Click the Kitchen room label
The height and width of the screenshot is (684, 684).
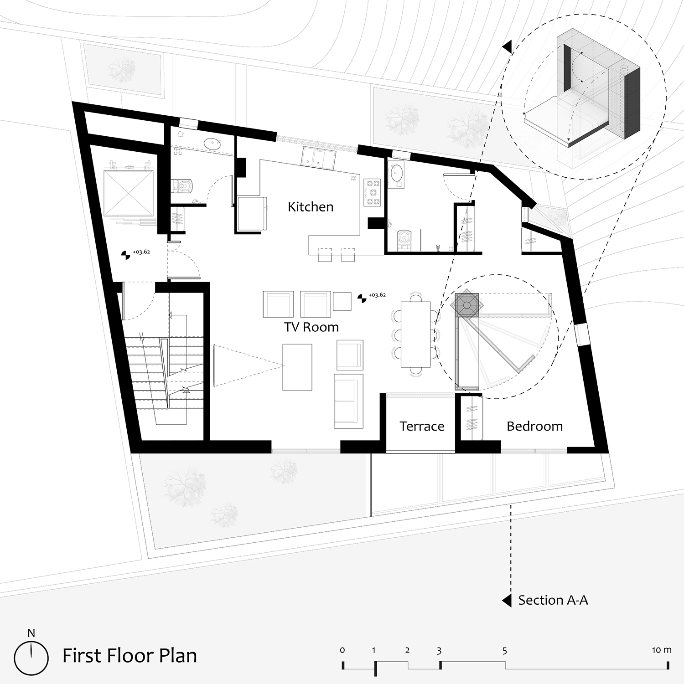311,207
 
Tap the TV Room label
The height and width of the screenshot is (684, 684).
311,327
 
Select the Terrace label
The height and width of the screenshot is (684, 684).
422,427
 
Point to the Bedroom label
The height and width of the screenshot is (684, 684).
534,427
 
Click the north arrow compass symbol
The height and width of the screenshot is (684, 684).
31,655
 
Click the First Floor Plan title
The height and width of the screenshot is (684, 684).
130,656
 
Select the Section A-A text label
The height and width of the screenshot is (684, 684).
553,600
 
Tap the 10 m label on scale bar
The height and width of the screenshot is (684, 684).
661,650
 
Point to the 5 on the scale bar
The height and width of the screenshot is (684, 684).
504,651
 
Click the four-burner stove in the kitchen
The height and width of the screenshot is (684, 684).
372,192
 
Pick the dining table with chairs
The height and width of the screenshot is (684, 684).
416,334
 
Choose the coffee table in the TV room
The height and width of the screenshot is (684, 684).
297,367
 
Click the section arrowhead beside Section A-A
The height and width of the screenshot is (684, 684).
507,601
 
